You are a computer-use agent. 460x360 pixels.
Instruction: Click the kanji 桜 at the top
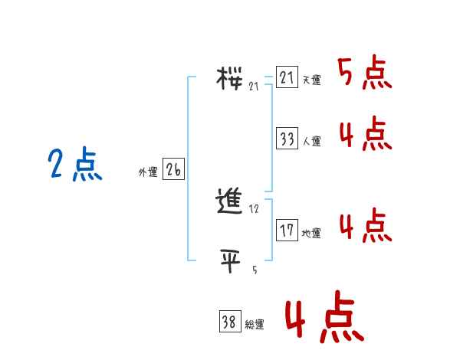[230, 77]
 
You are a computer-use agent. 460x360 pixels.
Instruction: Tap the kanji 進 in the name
[231, 201]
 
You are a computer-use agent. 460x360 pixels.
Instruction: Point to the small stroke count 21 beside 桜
[254, 86]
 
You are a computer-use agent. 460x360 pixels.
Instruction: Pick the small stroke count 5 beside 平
[254, 270]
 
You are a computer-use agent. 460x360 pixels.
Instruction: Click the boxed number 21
[287, 78]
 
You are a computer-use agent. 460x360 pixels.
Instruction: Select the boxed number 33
[287, 139]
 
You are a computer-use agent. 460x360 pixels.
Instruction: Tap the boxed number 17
[287, 231]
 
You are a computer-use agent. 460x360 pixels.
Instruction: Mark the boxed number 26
[173, 170]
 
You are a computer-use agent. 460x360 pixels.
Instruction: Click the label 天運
[311, 80]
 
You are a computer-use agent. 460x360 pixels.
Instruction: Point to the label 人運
[311, 141]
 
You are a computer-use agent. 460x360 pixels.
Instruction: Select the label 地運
[311, 233]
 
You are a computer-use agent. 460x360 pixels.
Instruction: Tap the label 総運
[255, 325]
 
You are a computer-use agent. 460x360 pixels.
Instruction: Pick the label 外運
[148, 172]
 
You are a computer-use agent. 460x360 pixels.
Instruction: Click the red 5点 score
[364, 74]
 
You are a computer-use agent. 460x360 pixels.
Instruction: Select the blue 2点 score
[74, 165]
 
